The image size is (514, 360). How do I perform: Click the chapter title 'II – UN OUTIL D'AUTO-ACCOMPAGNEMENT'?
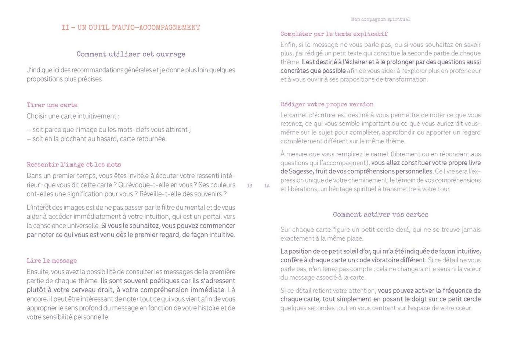click(x=131, y=28)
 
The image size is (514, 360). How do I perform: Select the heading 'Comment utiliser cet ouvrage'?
click(x=131, y=54)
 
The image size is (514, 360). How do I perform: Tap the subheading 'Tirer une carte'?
click(x=52, y=105)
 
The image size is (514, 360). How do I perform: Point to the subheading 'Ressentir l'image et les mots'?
click(x=74, y=165)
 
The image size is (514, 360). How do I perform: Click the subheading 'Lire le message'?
click(x=52, y=261)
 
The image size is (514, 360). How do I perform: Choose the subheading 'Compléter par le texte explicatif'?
click(x=334, y=34)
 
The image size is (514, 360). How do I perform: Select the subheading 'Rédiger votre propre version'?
click(x=327, y=104)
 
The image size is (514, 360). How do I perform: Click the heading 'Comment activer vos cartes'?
click(x=380, y=215)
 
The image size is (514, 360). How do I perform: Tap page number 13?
click(x=250, y=186)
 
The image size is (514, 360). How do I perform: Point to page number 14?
click(x=267, y=186)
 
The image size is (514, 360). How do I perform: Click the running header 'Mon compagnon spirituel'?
click(x=380, y=19)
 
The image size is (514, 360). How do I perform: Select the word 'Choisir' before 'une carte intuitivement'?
click(x=37, y=116)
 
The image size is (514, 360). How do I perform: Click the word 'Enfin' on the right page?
click(x=288, y=45)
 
